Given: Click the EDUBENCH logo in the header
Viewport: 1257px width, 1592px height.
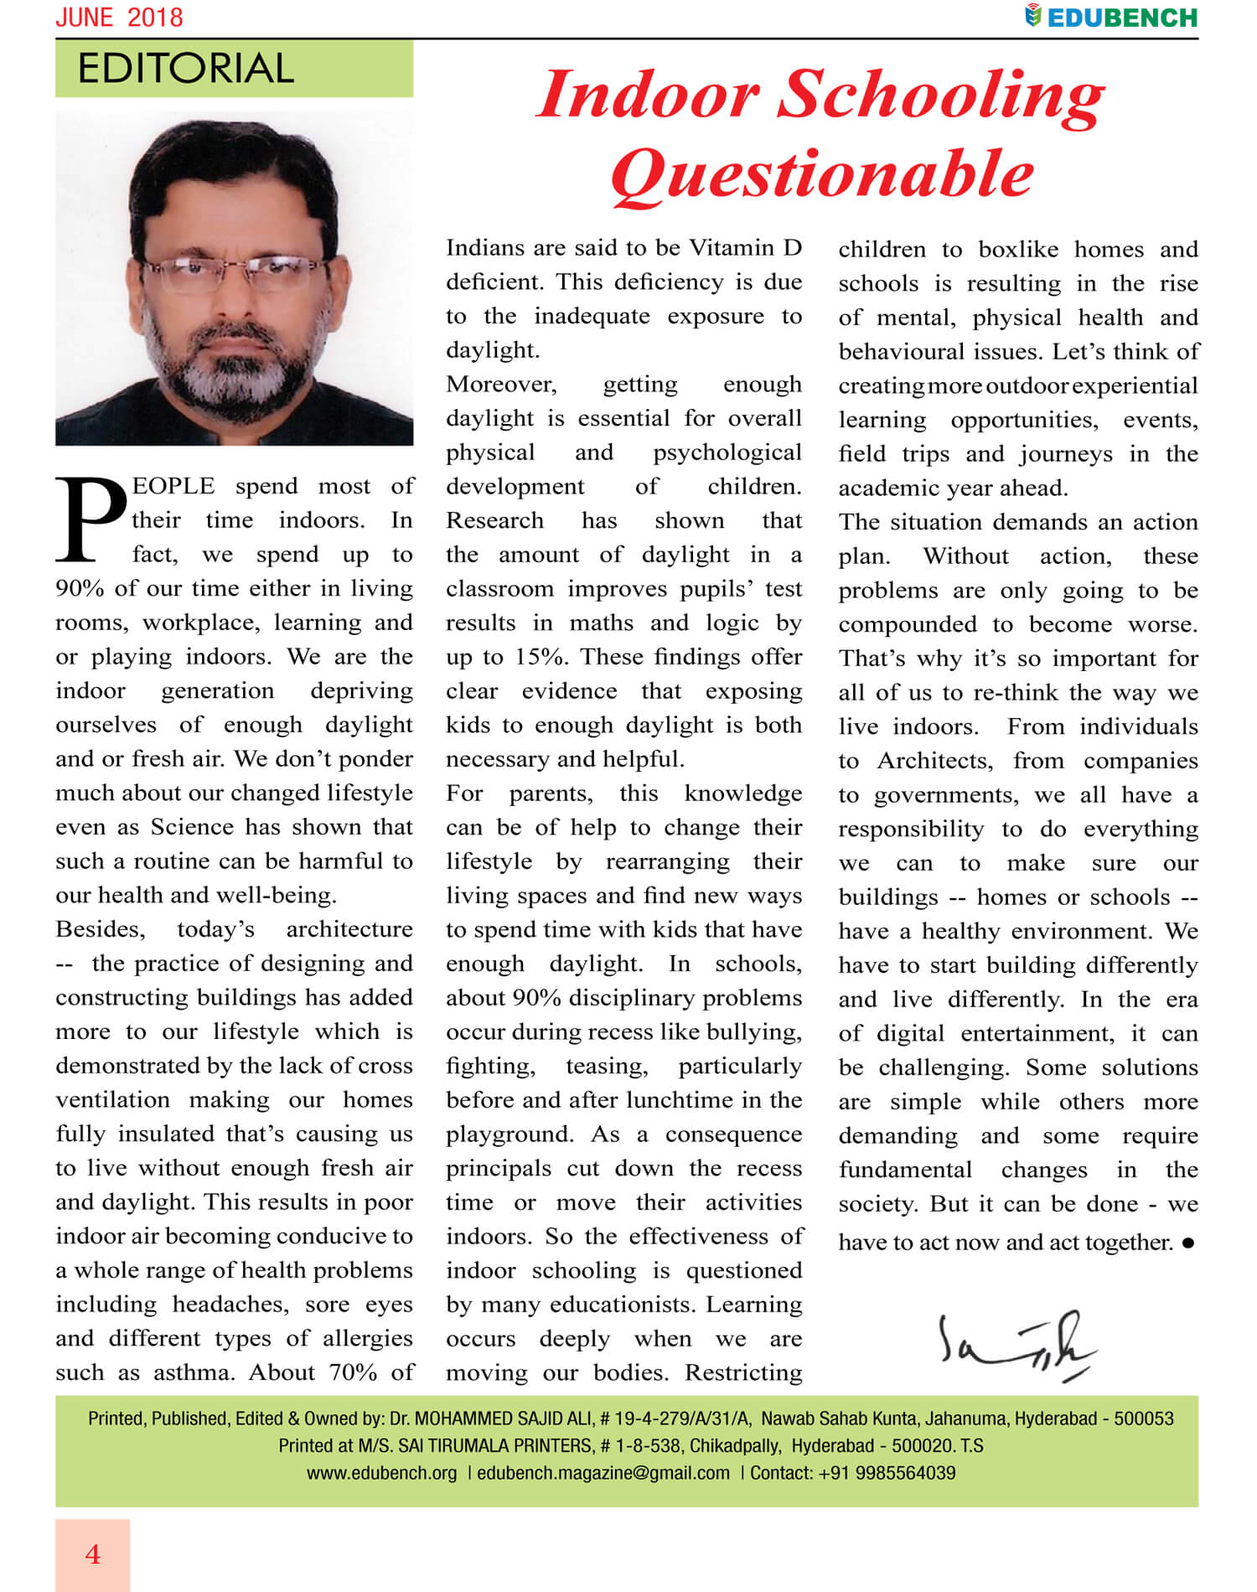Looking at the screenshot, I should [1111, 17].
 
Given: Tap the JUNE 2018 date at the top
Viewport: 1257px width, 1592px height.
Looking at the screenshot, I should [119, 18].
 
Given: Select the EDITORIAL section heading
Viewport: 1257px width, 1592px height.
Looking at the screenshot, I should [185, 69].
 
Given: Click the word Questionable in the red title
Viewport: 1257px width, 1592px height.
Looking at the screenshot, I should [822, 173].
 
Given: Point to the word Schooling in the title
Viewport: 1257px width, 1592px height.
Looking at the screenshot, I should [941, 94].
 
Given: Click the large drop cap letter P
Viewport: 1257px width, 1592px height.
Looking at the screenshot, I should [90, 519].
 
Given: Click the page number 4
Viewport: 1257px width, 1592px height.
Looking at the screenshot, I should [92, 1554].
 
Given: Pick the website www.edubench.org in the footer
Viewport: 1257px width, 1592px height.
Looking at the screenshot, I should [381, 1473].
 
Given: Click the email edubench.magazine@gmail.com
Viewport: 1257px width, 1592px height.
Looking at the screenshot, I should [603, 1473].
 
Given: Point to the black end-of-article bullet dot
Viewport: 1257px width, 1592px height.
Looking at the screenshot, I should [1187, 1243].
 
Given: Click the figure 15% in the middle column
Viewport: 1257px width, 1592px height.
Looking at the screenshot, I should [537, 657].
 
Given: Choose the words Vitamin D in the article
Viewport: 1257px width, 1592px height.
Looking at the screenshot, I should [745, 248].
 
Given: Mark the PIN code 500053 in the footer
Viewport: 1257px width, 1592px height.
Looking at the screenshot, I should [1143, 1419].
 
